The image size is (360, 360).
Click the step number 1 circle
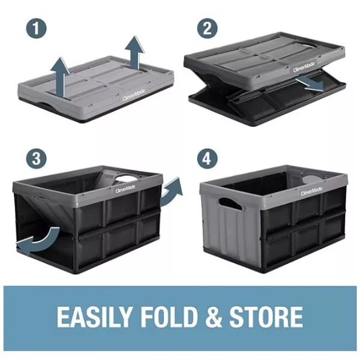(36, 28)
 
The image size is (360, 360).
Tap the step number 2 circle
(208, 28)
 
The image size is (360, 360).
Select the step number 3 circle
(36, 158)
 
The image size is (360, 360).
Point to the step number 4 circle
(208, 158)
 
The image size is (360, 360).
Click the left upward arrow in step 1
(60, 78)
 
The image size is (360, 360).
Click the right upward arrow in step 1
(135, 52)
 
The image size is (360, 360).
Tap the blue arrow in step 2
(310, 85)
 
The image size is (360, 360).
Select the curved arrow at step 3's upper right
(171, 191)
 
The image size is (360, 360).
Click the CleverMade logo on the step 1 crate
(134, 95)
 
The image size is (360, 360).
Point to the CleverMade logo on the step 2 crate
(304, 67)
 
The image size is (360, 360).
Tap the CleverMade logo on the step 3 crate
(125, 190)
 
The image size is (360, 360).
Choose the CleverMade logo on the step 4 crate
(311, 191)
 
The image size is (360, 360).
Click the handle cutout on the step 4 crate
(230, 203)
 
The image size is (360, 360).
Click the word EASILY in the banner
(95, 317)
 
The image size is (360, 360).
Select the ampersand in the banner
(214, 317)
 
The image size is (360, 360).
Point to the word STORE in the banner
(266, 317)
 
